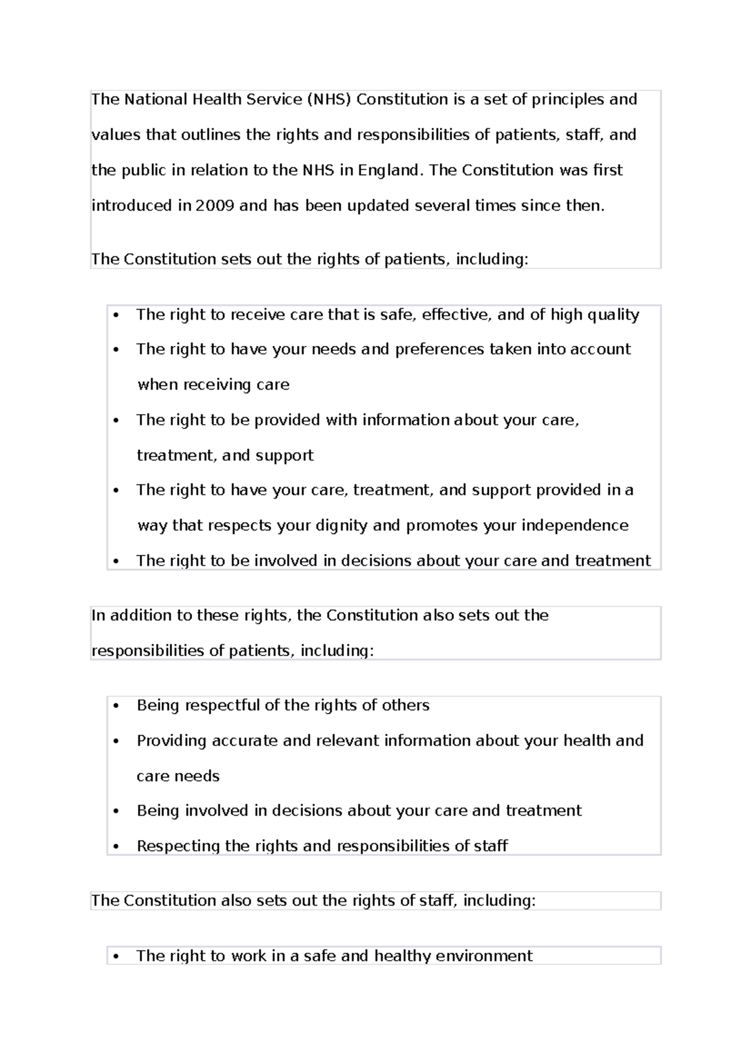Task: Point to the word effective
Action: pos(456,315)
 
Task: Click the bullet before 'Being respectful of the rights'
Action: pos(116,706)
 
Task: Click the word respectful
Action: pos(222,705)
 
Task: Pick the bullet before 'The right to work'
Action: pos(116,956)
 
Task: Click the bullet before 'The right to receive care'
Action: pos(116,315)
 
